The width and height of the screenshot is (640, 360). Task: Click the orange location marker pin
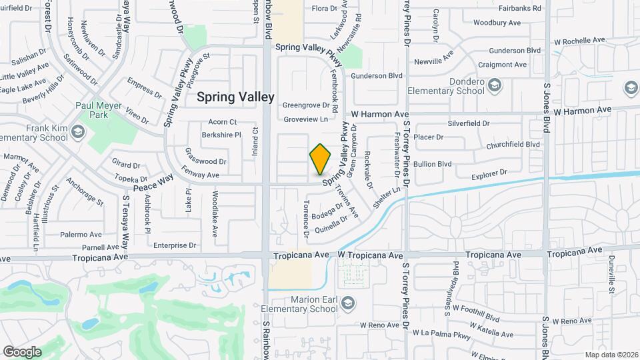pyautogui.click(x=320, y=159)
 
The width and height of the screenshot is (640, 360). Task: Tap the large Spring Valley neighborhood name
pyautogui.click(x=235, y=97)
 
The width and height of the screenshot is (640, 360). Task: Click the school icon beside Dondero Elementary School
pyautogui.click(x=495, y=85)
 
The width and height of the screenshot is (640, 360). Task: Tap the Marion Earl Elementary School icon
pyautogui.click(x=347, y=304)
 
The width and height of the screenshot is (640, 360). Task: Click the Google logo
pyautogui.click(x=22, y=351)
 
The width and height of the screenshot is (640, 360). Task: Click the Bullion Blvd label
pyautogui.click(x=433, y=163)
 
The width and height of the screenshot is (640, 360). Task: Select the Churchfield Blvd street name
pyautogui.click(x=513, y=144)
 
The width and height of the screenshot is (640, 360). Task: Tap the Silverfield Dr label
pyautogui.click(x=468, y=123)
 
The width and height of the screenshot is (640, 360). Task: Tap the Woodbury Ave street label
pyautogui.click(x=497, y=23)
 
